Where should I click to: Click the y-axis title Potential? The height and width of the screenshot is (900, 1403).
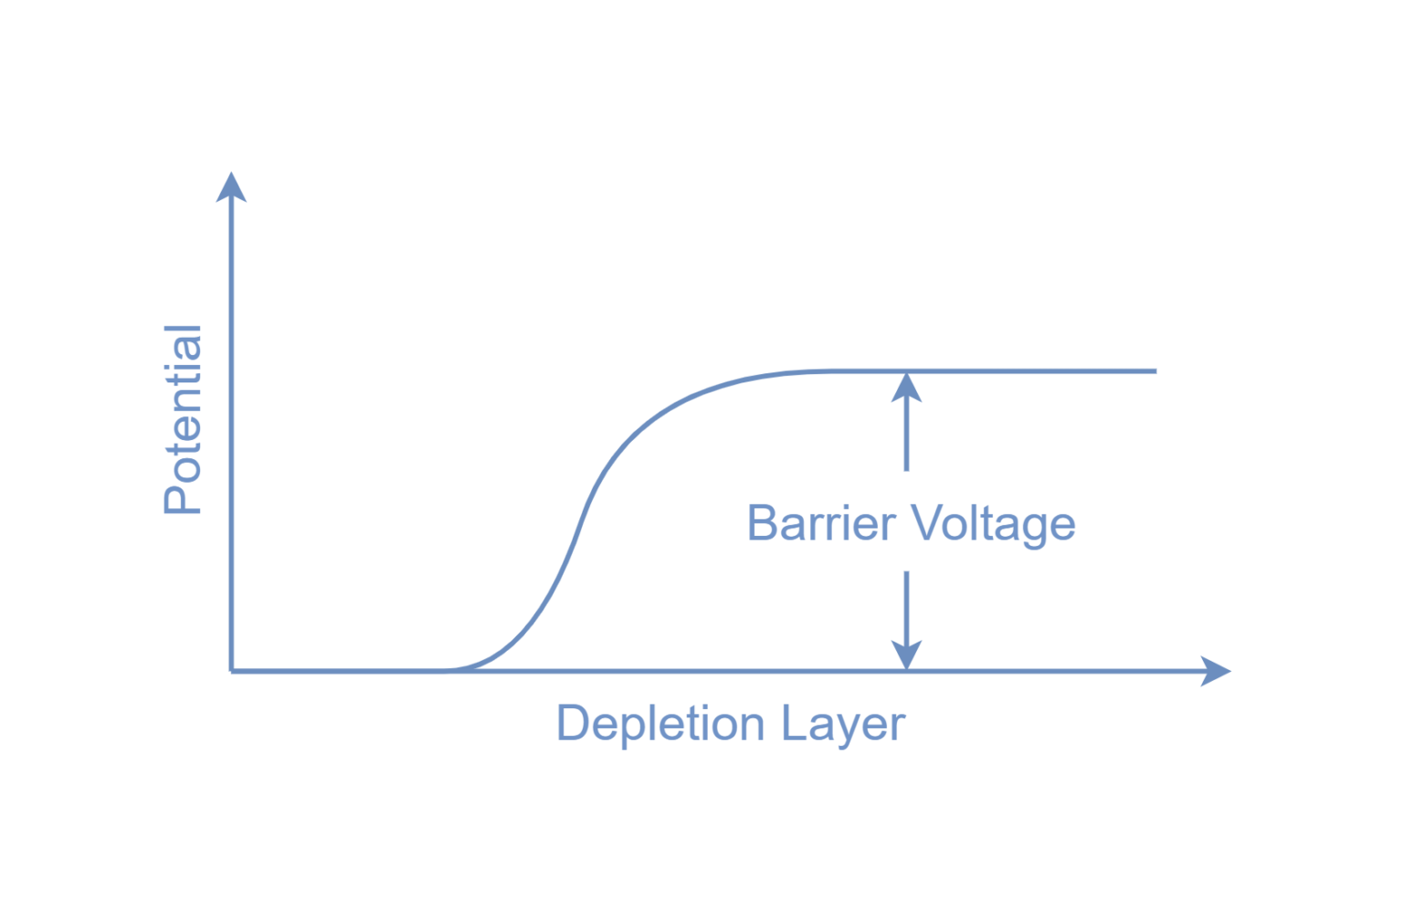182,420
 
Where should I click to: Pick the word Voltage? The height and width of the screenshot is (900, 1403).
995,525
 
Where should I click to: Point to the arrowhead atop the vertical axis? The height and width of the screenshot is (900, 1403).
232,185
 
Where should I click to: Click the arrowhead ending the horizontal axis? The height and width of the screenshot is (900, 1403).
1217,671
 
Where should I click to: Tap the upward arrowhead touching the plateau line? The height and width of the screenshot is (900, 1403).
906,387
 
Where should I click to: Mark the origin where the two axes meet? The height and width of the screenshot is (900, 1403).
232,671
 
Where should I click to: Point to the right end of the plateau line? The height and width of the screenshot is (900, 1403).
1155,372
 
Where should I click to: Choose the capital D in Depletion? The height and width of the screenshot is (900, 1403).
572,723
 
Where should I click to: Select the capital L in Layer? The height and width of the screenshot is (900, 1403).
792,723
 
